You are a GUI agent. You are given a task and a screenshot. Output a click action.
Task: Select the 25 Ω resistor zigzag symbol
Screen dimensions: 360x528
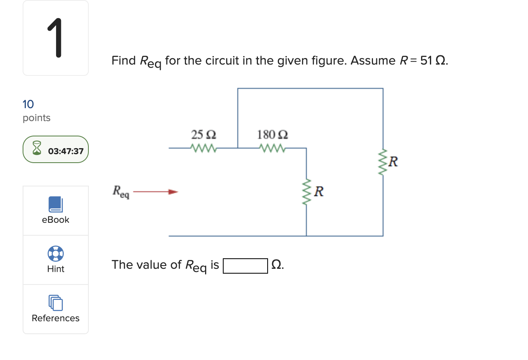click(205, 149)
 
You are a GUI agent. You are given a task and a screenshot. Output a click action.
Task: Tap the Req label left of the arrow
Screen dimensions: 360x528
click(121, 191)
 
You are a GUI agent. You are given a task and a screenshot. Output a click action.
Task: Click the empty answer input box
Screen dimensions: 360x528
click(245, 266)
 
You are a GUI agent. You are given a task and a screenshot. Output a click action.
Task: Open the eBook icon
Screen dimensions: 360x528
click(55, 204)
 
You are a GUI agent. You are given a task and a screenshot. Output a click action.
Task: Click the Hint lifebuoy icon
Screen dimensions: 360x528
click(55, 253)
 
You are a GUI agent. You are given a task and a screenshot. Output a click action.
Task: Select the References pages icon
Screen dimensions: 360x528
click(55, 303)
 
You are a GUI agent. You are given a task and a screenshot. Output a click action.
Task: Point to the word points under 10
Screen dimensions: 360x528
click(37, 118)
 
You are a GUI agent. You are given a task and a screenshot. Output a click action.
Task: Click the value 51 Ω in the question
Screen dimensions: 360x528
click(433, 61)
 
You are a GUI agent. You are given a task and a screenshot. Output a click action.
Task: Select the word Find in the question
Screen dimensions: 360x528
click(124, 61)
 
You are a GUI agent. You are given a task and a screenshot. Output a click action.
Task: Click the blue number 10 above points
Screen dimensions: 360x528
click(28, 105)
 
